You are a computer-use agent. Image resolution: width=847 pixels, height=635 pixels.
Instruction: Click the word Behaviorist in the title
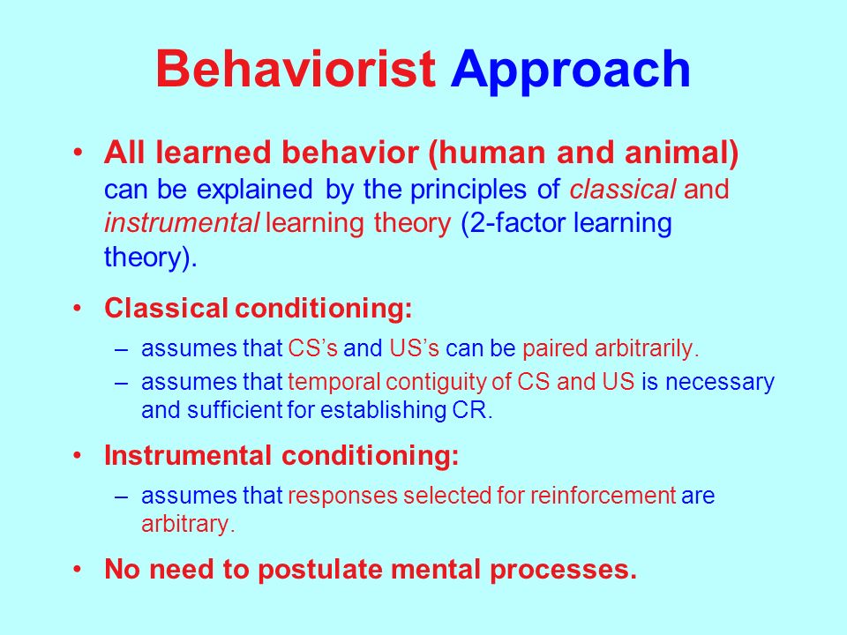296,69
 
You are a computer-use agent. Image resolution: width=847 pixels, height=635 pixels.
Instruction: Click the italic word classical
622,190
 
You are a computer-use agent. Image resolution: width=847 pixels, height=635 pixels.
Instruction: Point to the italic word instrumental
182,223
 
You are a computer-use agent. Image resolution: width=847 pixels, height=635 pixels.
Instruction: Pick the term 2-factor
513,223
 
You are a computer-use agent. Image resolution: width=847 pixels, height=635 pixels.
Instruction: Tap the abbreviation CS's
312,348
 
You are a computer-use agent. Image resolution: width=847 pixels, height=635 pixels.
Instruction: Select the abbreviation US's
414,348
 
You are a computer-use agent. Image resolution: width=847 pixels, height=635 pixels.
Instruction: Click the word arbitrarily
647,349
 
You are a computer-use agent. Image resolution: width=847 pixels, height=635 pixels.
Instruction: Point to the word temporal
334,383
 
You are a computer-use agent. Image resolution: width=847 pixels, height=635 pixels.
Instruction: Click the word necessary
720,383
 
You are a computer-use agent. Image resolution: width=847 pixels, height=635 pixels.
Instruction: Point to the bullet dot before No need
78,569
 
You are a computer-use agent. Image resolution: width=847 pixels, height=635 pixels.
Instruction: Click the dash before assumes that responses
122,497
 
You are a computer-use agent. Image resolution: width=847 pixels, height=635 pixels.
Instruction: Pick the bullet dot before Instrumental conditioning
78,455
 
